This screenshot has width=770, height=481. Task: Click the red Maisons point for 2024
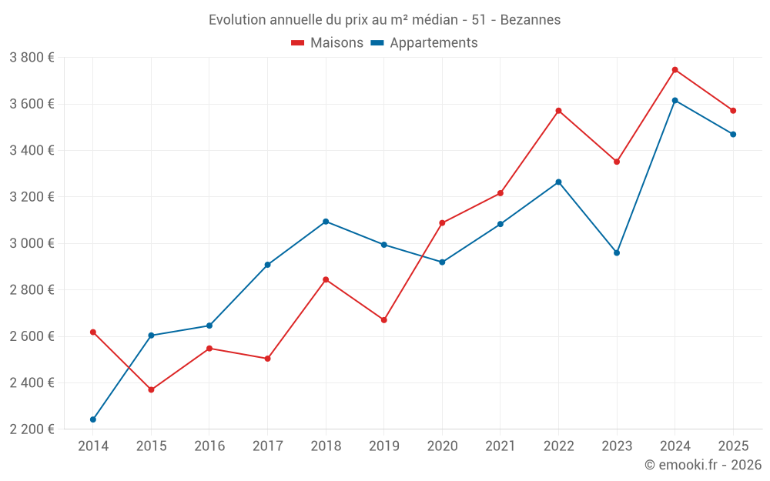675,70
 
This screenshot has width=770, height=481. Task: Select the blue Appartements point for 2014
93,419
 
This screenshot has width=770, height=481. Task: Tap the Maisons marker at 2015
151,390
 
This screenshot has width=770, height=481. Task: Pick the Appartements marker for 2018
326,222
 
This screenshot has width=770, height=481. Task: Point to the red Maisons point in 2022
558,111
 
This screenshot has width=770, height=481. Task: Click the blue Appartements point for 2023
617,252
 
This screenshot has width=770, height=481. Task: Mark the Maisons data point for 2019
384,320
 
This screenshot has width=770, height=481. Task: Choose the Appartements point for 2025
733,135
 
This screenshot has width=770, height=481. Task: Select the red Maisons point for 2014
93,332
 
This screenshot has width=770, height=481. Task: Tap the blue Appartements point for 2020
442,262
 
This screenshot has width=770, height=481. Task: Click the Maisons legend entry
327,43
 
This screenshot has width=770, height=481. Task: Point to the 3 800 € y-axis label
32,58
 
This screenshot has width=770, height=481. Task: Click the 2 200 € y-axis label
32,429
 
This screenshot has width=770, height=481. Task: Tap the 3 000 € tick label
32,243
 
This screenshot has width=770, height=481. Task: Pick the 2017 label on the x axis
267,446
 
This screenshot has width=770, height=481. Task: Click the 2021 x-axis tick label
500,446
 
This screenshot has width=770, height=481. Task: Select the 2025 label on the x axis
733,446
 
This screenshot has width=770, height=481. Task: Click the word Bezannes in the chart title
531,19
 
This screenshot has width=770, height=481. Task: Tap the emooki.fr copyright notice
703,465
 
